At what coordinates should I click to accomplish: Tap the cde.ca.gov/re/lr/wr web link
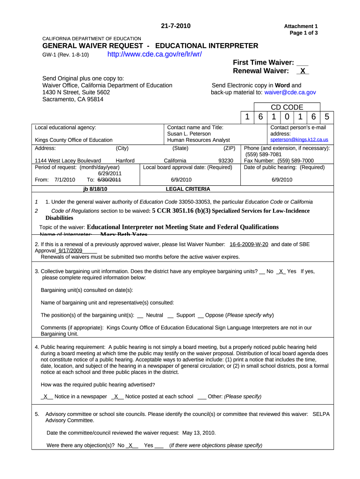(154, 54)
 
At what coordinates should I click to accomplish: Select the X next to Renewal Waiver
(302, 71)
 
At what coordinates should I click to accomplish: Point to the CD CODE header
(287, 108)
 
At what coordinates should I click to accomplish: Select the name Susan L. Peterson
(189, 134)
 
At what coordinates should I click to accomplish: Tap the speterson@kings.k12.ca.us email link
(299, 140)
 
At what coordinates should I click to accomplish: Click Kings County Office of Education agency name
(74, 140)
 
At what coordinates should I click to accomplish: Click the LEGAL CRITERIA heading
(188, 189)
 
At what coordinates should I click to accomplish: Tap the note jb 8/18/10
(95, 189)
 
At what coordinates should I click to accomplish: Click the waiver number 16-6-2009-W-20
(249, 244)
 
